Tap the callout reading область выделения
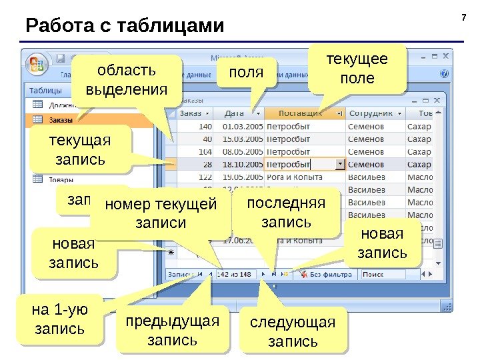click(126, 80)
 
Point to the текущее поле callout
click(357, 69)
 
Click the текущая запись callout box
click(80, 151)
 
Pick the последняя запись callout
click(286, 213)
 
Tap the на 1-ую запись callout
click(59, 319)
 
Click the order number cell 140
click(203, 126)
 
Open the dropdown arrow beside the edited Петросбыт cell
click(340, 164)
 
